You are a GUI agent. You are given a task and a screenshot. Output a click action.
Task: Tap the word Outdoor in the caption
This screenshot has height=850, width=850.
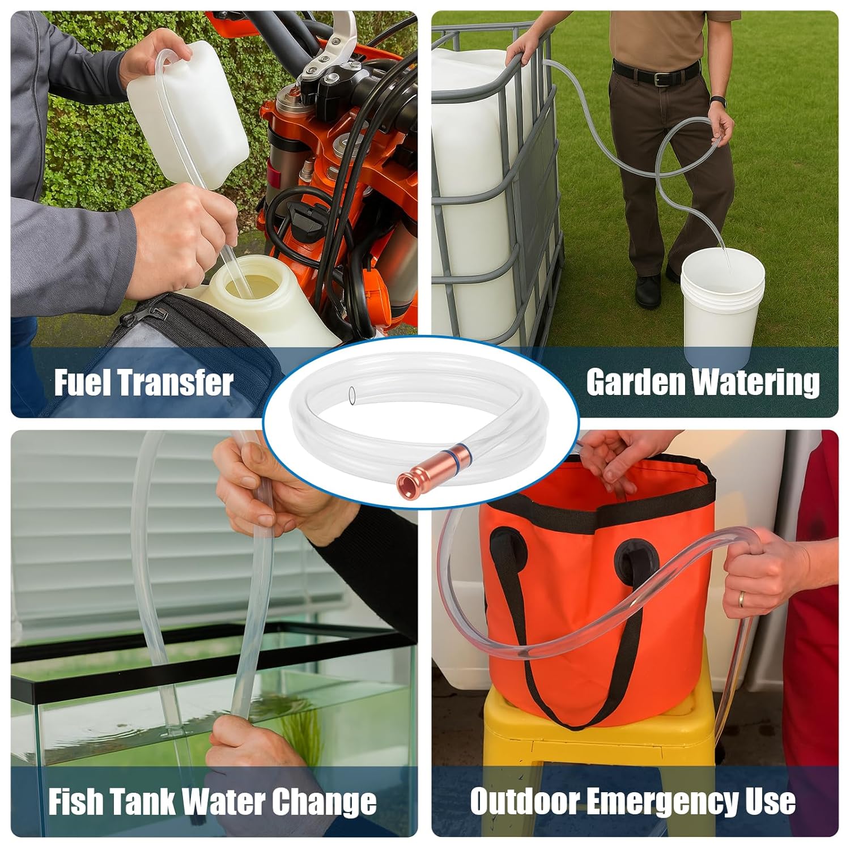pyautogui.click(x=524, y=801)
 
